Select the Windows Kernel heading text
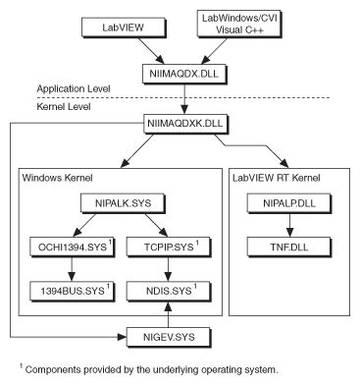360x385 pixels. (65, 181)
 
